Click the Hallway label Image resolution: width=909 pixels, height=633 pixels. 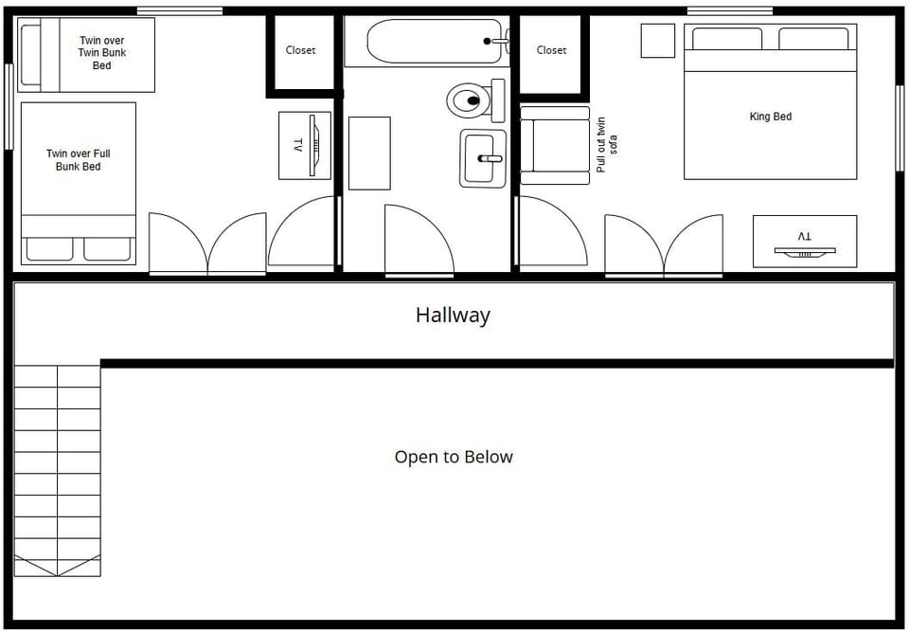[453, 315]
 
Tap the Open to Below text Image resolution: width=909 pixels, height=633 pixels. [454, 457]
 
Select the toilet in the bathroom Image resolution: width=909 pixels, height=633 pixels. [469, 99]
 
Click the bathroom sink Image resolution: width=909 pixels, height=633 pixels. [483, 158]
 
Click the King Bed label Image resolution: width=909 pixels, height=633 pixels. [770, 117]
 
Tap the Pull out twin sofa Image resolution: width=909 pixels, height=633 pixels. [556, 145]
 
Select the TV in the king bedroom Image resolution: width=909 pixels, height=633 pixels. [805, 243]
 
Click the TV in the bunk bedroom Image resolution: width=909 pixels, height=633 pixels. [305, 145]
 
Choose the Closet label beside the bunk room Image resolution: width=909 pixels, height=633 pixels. [300, 50]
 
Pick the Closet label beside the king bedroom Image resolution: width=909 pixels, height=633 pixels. [551, 50]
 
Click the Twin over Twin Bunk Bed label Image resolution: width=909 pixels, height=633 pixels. [101, 53]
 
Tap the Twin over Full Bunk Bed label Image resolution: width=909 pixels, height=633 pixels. [79, 160]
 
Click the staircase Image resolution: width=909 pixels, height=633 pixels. [57, 470]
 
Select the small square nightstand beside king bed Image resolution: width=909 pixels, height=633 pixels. [657, 41]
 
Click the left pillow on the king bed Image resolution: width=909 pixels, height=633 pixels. [727, 39]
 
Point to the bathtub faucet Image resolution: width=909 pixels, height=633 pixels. [496, 41]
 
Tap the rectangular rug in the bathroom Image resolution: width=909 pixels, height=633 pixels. [369, 153]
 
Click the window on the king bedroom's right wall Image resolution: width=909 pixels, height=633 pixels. [900, 115]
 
